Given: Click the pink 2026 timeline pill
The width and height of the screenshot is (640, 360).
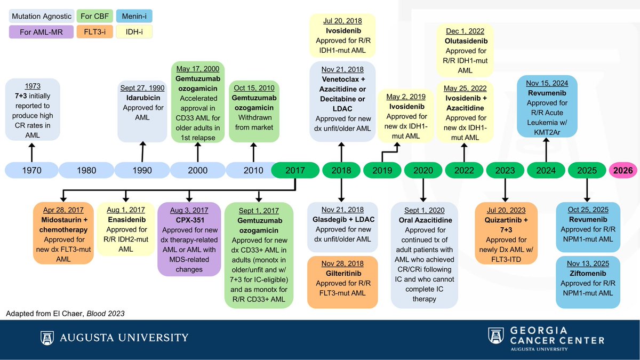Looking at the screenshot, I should coord(622,171).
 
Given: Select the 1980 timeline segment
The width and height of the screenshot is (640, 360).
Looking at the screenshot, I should coord(86,171).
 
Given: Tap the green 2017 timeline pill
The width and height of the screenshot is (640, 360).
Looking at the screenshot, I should coord(295,171).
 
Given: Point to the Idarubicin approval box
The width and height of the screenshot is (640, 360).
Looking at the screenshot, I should coord(142,111).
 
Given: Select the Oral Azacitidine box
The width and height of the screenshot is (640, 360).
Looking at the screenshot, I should coord(425,255).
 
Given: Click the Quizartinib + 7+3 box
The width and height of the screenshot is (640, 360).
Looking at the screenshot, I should coord(505,233).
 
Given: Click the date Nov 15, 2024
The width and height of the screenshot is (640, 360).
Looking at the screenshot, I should coord(546,83).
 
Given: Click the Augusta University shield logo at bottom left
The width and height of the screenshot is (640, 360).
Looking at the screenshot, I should coord(46,338).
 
